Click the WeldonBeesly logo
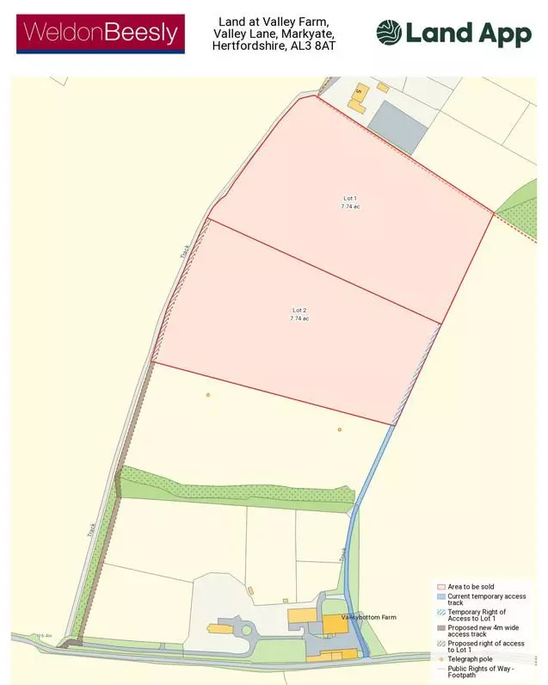pos(102,34)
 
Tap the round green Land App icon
pos(388,33)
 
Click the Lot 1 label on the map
pos(349,199)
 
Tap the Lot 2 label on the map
pos(299,310)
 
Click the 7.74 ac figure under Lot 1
pos(349,207)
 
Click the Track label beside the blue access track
pos(342,552)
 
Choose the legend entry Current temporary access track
pos(486,600)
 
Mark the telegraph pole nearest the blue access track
pos(340,429)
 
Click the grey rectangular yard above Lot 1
pos(398,127)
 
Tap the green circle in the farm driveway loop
pos(246,630)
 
